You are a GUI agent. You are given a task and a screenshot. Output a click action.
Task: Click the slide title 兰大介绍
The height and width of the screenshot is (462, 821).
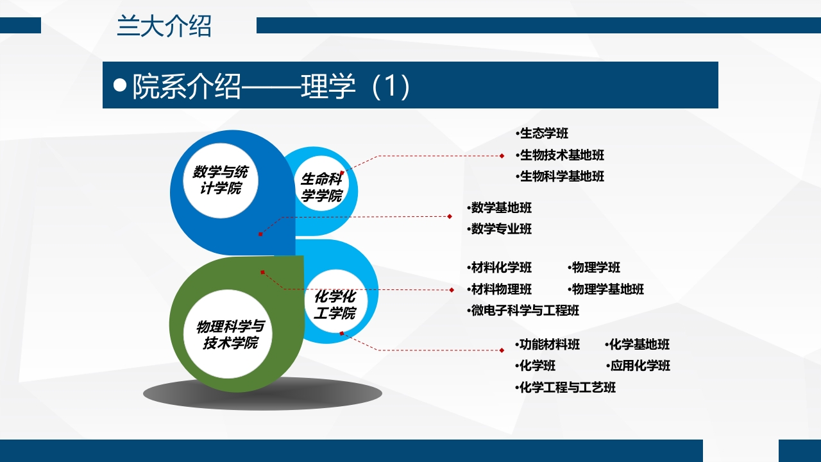click(164, 27)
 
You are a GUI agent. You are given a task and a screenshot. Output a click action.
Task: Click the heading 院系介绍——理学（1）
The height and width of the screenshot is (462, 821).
click(271, 86)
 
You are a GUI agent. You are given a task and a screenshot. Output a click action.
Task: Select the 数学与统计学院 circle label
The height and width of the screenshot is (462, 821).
click(221, 180)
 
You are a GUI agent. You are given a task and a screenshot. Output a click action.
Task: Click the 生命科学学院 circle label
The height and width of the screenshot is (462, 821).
click(321, 188)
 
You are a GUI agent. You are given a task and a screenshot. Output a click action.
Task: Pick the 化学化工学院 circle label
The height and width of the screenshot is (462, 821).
click(335, 305)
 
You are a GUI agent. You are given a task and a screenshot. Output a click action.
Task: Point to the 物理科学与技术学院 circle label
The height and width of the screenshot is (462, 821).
click(230, 334)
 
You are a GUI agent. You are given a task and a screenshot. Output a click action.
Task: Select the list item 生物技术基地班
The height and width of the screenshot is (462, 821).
click(561, 155)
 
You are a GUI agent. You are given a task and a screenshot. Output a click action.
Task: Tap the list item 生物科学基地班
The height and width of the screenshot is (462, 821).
click(561, 176)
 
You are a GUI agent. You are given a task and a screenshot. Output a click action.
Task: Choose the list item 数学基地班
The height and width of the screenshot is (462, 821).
click(501, 208)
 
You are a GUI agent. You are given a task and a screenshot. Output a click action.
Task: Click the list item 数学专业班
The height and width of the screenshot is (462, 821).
click(501, 229)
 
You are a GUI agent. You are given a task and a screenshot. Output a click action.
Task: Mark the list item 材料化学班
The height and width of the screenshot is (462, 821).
click(501, 268)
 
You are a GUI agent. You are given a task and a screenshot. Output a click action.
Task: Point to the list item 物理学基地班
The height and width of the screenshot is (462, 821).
click(607, 289)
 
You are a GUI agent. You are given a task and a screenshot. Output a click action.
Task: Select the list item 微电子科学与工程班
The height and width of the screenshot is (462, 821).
click(525, 311)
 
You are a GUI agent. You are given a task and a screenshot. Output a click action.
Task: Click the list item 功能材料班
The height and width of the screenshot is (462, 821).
click(549, 345)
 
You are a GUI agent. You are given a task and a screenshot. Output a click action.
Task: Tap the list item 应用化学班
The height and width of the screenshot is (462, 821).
click(639, 366)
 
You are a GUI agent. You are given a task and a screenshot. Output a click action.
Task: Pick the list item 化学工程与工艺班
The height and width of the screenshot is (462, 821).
click(567, 388)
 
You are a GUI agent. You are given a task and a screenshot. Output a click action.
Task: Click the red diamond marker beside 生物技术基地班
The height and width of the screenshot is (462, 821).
click(502, 155)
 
